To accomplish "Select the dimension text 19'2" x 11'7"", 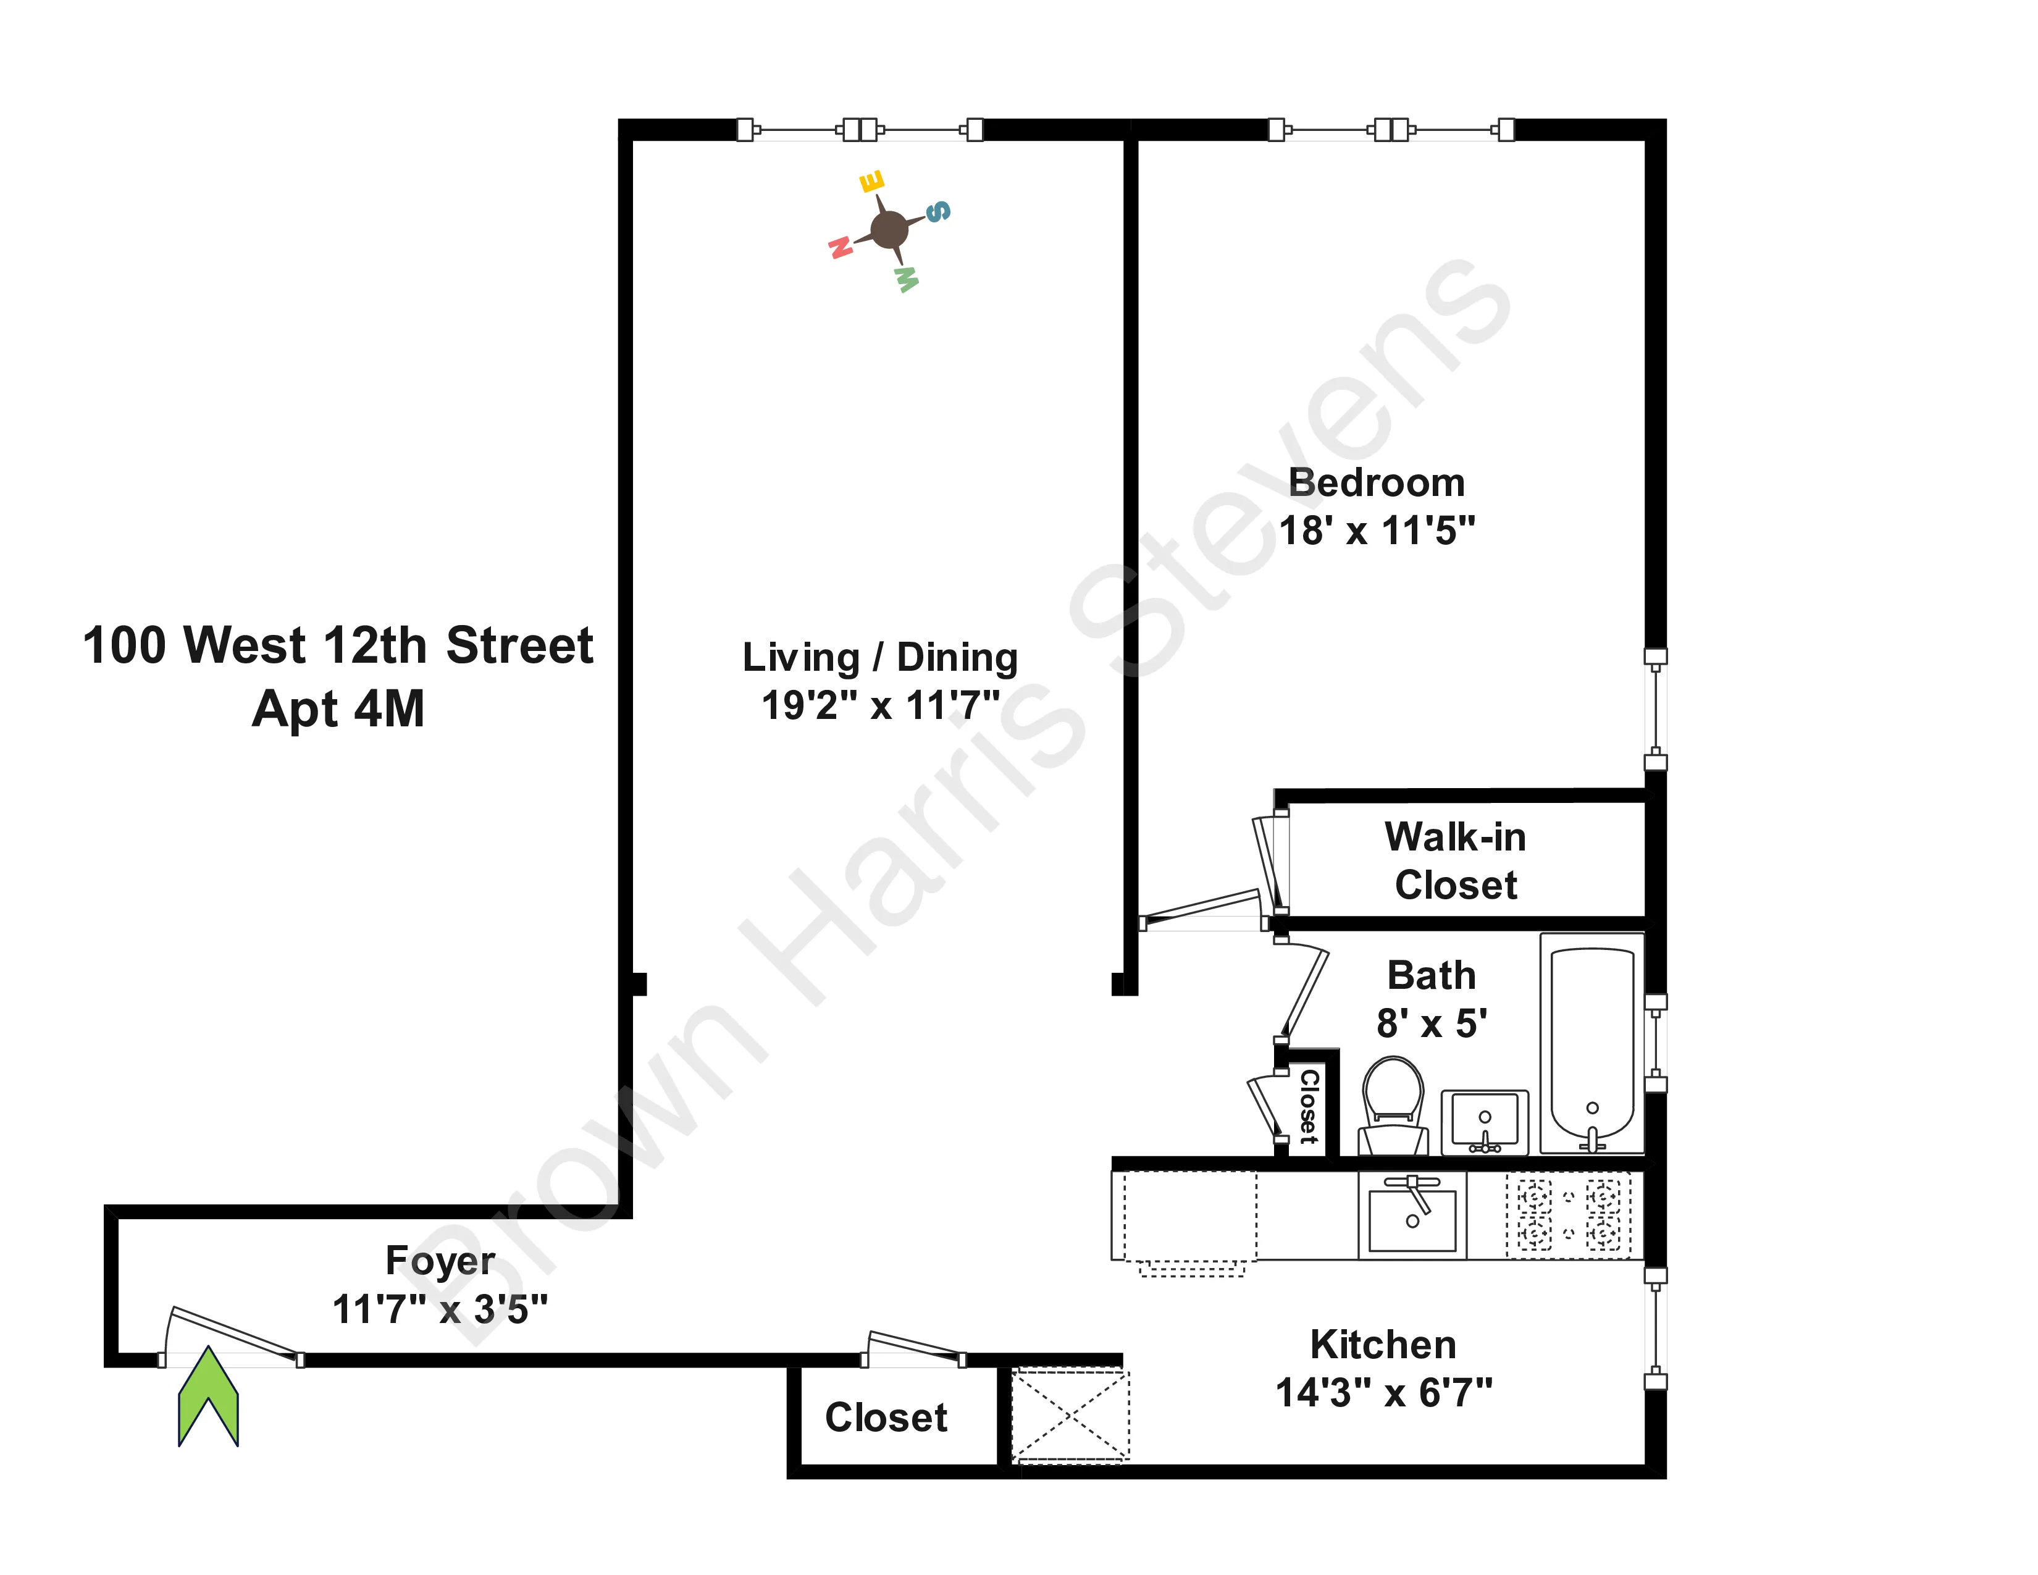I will click(880, 705).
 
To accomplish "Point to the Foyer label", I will click(440, 1261).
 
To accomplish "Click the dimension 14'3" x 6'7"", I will click(1384, 1393).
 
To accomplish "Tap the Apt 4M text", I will click(338, 709).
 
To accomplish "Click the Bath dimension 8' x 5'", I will click(1432, 1023).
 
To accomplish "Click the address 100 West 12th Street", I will click(338, 645).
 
